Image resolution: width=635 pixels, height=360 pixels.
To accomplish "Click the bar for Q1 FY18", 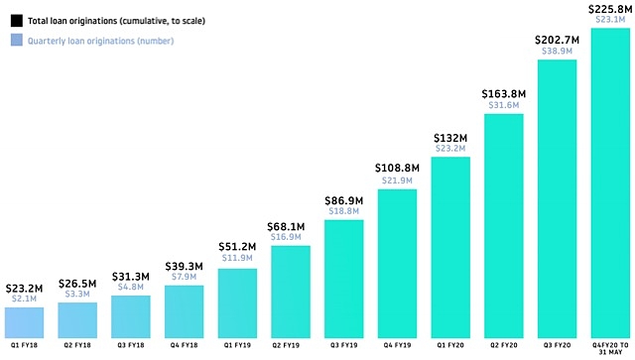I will click(25, 322).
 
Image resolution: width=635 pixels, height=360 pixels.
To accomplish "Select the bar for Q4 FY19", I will click(398, 263).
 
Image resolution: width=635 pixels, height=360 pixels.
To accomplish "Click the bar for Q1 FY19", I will click(238, 302).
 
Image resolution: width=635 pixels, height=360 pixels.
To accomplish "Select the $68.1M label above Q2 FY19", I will click(291, 224).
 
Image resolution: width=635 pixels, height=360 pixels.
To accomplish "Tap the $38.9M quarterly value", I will click(558, 50).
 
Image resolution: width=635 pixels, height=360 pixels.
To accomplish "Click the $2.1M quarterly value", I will click(25, 299).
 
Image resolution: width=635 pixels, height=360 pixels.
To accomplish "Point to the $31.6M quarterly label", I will click(504, 106).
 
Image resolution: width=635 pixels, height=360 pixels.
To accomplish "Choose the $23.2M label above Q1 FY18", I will click(25, 287).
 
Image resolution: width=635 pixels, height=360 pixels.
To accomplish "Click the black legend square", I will click(15, 21).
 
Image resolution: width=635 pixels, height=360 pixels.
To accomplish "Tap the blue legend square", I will click(15, 41).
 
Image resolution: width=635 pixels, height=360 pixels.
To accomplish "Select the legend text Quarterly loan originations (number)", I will click(102, 41).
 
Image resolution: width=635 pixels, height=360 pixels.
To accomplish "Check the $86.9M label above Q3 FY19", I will click(344, 200).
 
